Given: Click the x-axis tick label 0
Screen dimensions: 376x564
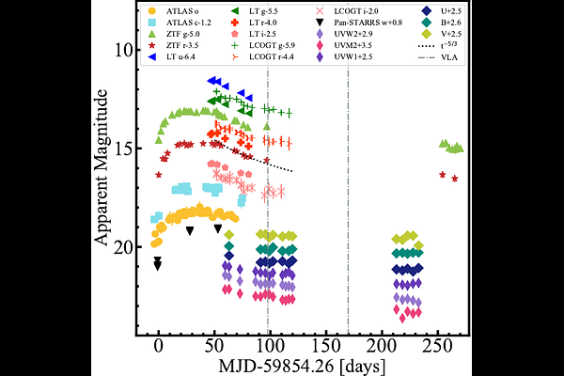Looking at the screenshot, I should [158, 345].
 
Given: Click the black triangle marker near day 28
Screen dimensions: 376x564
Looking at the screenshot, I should [190, 230].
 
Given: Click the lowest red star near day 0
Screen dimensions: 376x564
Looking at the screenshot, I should [158, 175].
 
